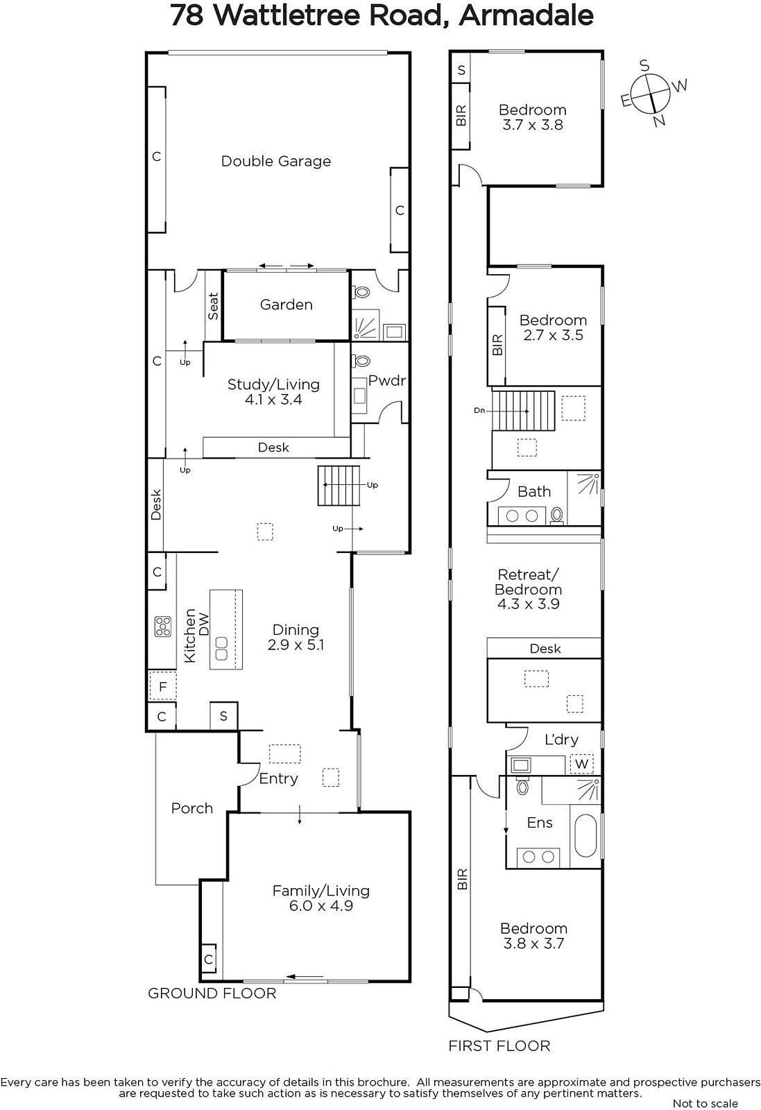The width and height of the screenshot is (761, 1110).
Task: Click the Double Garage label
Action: (276, 162)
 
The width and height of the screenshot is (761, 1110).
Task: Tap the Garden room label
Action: (287, 305)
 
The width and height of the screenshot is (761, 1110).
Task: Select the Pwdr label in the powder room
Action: (387, 381)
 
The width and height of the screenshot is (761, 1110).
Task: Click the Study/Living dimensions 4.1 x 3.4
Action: (273, 400)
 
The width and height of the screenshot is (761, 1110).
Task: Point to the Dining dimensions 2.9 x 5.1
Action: (296, 644)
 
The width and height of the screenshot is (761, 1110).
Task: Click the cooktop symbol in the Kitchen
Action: (162, 626)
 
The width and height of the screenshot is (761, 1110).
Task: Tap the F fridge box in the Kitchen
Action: (162, 686)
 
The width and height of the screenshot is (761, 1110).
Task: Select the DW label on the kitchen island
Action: (204, 624)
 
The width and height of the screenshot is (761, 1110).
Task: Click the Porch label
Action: (192, 808)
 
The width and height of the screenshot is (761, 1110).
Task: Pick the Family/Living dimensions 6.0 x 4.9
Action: (321, 905)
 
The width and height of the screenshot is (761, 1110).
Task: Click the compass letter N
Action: (660, 121)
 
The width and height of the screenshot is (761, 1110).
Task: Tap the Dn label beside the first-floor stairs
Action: (479, 410)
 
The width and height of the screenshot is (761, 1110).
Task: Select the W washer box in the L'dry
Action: (581, 764)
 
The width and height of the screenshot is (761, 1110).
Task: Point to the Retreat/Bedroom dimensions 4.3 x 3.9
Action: (529, 604)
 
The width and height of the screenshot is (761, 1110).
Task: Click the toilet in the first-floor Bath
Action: (557, 515)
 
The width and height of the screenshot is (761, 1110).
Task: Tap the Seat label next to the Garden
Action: (213, 306)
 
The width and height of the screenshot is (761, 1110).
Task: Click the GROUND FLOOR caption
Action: (212, 993)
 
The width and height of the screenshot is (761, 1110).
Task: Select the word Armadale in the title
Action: (526, 15)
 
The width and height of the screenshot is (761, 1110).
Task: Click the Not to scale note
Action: (706, 1103)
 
